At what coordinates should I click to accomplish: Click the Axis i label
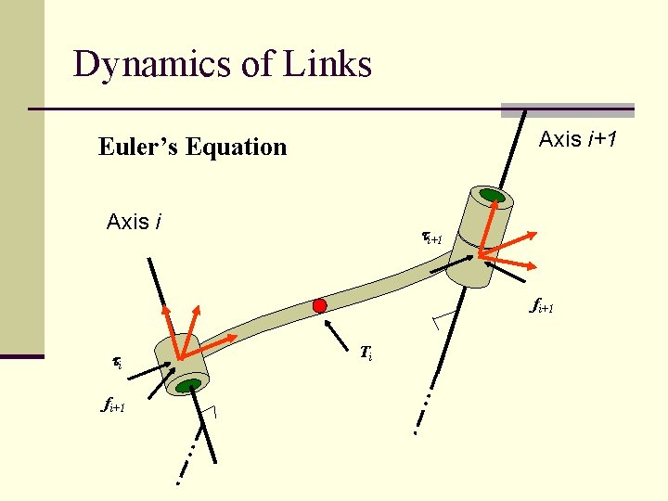135,222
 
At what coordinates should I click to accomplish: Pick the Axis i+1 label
580,139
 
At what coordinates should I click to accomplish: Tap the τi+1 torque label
435,239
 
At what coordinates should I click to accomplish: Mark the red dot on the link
319,305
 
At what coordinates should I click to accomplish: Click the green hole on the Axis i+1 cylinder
491,197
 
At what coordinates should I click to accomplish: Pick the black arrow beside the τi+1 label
451,263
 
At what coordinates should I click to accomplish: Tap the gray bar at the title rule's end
567,109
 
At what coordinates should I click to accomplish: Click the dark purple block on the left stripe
21,355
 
